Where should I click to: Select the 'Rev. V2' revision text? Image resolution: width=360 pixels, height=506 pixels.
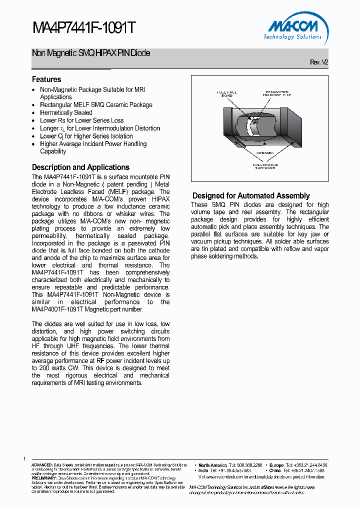click(319, 62)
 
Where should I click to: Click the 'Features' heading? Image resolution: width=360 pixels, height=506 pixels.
click(46, 79)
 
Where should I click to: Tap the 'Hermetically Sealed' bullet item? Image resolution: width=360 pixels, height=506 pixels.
click(66, 112)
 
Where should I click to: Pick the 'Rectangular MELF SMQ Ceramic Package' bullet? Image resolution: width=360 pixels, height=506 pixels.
click(96, 105)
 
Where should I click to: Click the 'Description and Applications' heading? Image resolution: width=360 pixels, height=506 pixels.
click(80, 167)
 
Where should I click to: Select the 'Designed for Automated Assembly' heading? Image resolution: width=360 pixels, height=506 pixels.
click(251, 196)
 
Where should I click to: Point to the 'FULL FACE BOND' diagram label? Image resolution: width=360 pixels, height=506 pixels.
click(226, 94)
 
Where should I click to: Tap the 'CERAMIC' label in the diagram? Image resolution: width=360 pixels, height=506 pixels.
click(265, 153)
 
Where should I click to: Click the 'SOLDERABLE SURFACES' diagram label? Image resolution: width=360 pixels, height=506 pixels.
click(265, 166)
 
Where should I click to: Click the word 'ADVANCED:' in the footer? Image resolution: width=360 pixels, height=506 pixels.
click(42, 465)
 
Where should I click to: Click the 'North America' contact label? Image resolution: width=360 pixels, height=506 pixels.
click(212, 465)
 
